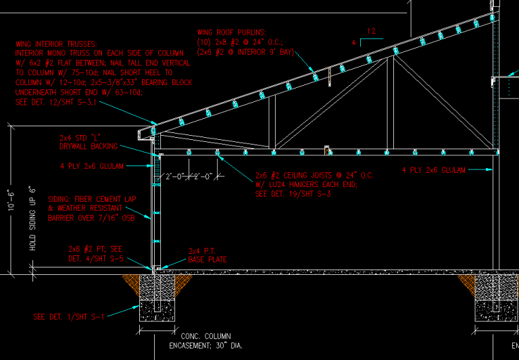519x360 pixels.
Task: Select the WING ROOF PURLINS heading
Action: click(232, 32)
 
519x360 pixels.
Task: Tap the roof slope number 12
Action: click(370, 31)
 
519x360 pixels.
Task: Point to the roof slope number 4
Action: click(354, 42)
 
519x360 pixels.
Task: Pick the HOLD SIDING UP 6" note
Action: click(32, 218)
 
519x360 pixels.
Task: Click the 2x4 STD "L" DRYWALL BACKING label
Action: click(89, 141)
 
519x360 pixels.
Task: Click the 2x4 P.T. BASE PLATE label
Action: click(207, 255)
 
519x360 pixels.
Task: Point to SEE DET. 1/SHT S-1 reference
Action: click(69, 316)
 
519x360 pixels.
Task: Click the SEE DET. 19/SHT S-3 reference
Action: click(293, 194)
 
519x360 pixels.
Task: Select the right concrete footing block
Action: click(497, 298)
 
